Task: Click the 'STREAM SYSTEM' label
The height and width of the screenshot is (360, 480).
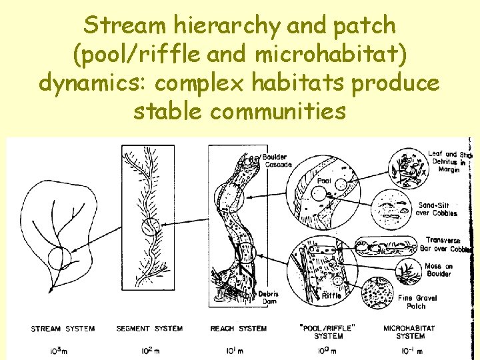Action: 63,329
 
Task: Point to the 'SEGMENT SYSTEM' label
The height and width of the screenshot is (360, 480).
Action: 149,329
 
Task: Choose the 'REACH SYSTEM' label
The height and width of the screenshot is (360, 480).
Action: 238,329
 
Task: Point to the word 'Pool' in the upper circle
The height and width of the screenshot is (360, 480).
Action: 324,180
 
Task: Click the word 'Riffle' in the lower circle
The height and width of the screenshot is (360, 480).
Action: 331,295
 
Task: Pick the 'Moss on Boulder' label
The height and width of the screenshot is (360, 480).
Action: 439,269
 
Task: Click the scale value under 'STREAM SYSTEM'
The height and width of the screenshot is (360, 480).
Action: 61,351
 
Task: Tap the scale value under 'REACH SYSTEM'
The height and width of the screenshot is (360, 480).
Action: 237,351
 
